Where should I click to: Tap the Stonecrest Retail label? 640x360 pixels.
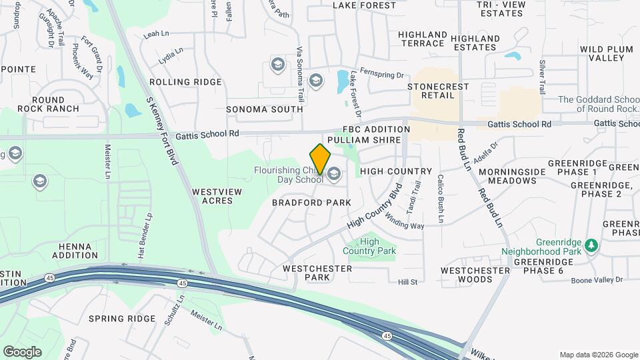[x=438, y=91]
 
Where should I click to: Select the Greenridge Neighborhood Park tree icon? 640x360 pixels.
[x=591, y=246]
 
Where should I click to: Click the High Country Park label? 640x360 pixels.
[x=369, y=246]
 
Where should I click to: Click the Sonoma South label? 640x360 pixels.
[x=265, y=109]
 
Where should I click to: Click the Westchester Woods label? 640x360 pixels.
[x=475, y=275]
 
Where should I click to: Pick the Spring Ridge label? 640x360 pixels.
[x=122, y=319]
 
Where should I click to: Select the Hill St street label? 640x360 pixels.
[x=407, y=282]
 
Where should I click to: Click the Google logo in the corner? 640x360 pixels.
[x=22, y=352]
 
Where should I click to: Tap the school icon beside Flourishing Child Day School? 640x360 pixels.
[x=334, y=175]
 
